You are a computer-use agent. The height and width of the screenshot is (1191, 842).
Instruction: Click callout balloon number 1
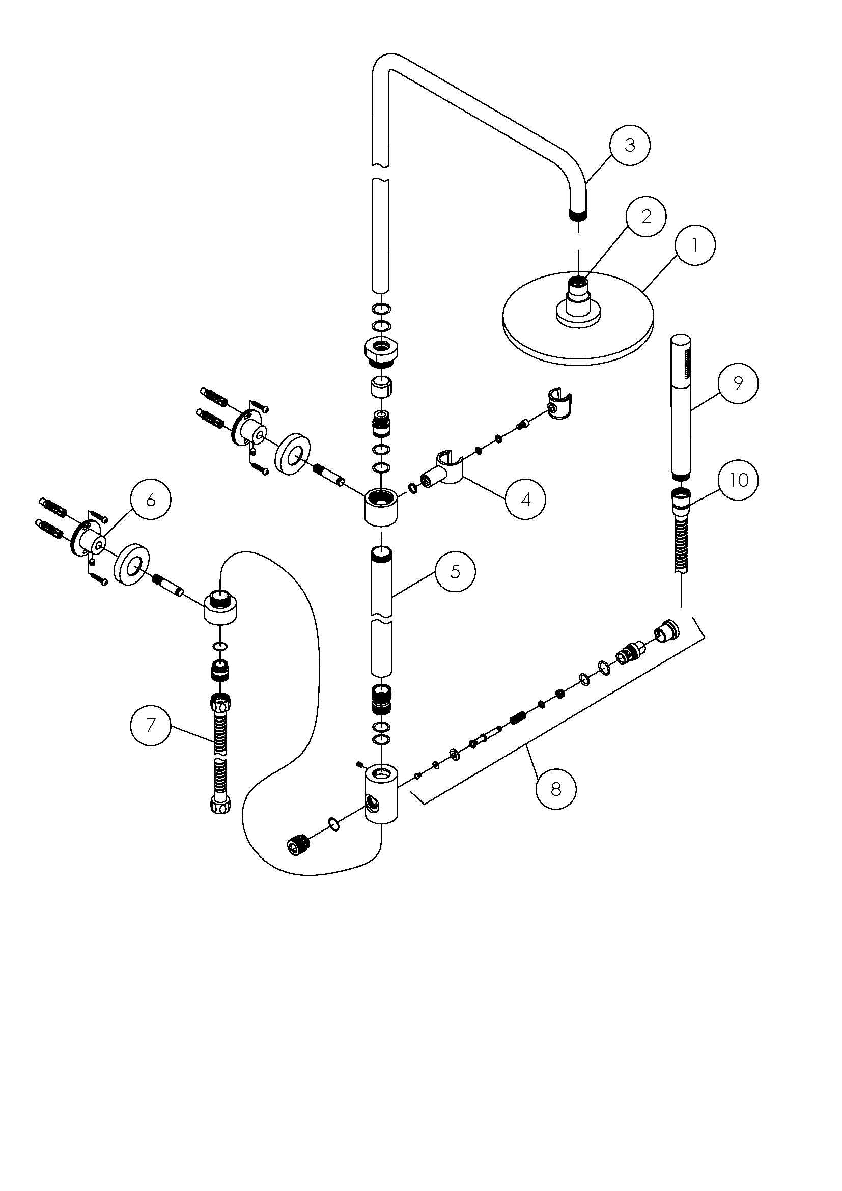click(695, 245)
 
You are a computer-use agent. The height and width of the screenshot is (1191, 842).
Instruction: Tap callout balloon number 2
click(646, 216)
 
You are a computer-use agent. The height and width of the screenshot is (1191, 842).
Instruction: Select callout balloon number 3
click(629, 145)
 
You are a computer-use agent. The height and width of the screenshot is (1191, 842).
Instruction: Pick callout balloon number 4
click(525, 499)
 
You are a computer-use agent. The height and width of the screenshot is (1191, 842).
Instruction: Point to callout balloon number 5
click(455, 571)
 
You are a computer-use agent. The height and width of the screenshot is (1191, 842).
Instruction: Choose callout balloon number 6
click(150, 499)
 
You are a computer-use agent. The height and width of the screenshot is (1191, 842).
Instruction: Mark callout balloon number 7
click(150, 725)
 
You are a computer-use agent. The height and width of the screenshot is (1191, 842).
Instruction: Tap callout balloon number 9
click(738, 383)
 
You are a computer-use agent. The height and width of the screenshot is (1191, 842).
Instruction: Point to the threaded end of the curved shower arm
click(579, 214)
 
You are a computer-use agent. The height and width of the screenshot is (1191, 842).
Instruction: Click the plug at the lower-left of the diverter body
click(297, 846)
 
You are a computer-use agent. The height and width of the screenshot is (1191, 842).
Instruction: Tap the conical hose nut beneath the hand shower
click(681, 501)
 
